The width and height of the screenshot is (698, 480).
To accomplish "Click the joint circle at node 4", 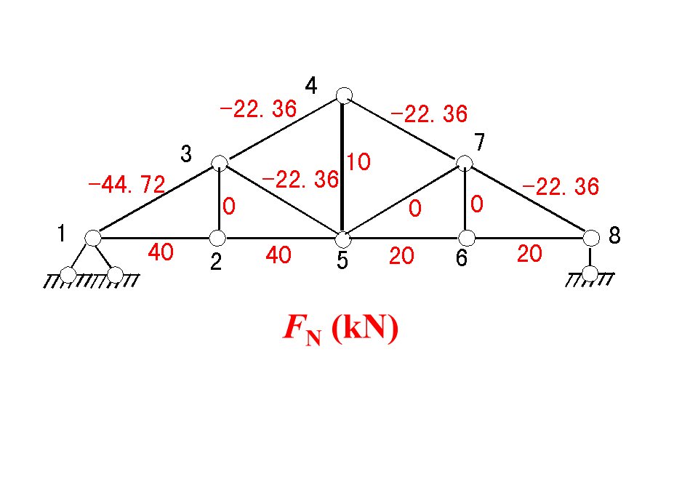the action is click(344, 95).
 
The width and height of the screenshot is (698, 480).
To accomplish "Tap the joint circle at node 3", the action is click(219, 161).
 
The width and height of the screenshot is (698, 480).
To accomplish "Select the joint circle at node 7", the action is click(465, 162).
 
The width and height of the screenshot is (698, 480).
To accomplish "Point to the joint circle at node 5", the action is click(343, 238).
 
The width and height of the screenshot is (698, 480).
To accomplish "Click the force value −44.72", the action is click(127, 185).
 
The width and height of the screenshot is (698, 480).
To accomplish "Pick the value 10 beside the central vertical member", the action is click(358, 161).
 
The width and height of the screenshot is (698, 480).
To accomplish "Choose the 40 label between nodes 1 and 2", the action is click(161, 252).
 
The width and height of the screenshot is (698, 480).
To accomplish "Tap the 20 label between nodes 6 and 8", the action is click(530, 254).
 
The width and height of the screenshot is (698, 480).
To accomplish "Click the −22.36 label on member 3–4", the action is click(258, 109).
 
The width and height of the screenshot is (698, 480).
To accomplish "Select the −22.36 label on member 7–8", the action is click(561, 187).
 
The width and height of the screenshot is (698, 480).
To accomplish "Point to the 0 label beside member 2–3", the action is click(229, 207).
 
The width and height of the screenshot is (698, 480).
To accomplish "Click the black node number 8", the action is click(614, 236).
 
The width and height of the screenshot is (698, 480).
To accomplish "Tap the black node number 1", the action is click(62, 233).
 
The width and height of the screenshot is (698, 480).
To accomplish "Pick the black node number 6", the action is click(461, 258).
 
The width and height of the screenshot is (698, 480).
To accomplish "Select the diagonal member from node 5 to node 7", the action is click(404, 200).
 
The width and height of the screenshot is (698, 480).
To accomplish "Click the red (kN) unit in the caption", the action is click(365, 329).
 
